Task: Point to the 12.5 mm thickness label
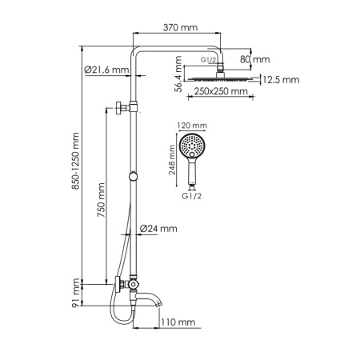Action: coord(280,79)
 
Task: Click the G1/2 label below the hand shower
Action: coord(193,194)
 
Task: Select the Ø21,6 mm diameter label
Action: coord(106,71)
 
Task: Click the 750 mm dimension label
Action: coord(100,205)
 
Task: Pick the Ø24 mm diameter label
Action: coord(158,229)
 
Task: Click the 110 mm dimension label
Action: coord(177,322)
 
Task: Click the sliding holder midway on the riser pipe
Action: coord(133,176)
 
